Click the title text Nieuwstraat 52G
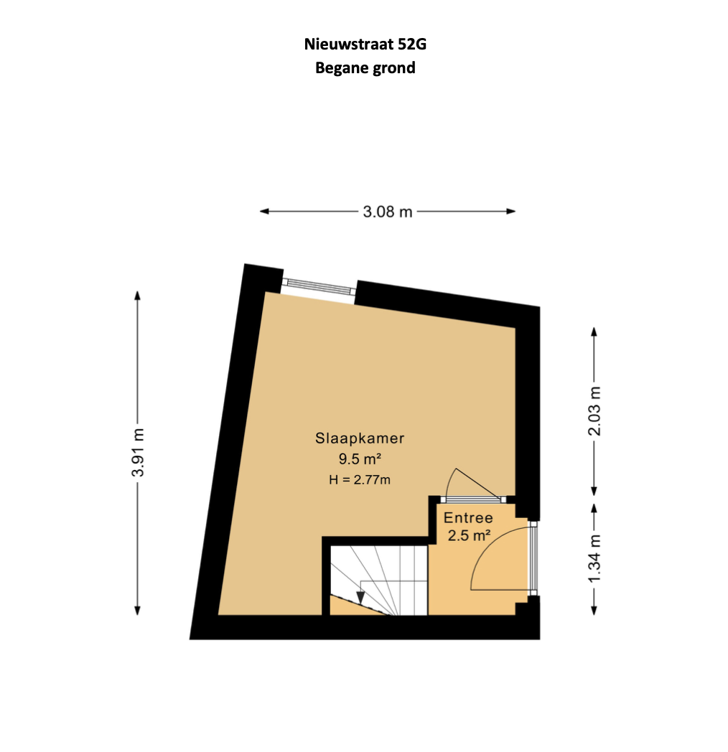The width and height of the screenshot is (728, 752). tap(365, 44)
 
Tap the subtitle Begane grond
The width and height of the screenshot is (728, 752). tap(365, 68)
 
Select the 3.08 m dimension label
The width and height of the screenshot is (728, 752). tap(387, 212)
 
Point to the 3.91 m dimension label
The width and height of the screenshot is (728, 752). tap(138, 452)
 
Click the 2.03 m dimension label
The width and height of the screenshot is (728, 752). tap(594, 411)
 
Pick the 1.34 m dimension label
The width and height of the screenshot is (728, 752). tap(594, 559)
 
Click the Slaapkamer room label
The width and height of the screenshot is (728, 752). tap(360, 438)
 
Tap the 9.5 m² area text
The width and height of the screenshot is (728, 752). tap(360, 459)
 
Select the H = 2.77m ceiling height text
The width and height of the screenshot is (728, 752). tap(360, 479)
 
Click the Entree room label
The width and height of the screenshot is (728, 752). tap(468, 518)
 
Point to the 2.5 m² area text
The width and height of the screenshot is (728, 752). tap(469, 535)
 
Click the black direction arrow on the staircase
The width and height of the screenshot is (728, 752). tap(360, 598)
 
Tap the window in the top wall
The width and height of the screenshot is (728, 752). tap(319, 286)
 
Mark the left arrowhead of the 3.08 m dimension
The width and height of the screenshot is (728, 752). tap(264, 211)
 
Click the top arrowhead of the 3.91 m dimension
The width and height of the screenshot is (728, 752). tap(138, 296)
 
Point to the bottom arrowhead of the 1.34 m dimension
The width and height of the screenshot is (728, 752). tap(594, 610)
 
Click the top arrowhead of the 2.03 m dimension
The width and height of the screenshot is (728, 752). tap(594, 332)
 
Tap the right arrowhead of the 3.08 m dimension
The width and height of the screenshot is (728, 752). tap(510, 211)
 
